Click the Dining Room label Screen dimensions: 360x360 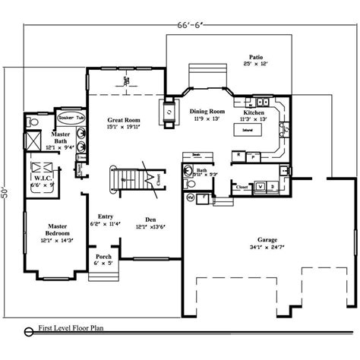point(207,111)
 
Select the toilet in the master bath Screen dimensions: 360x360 point(32,121)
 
